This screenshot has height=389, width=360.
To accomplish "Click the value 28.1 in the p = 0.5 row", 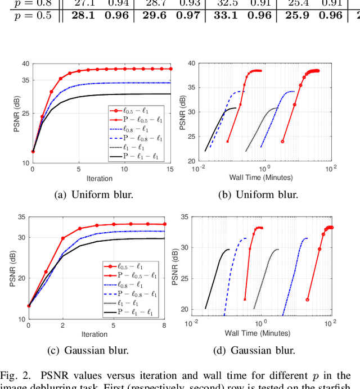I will [x=83, y=15].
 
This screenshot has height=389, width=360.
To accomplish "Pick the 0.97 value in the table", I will [x=188, y=15].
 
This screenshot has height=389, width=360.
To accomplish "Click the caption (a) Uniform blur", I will [x=94, y=195].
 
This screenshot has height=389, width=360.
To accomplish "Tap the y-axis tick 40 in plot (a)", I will [x=25, y=64].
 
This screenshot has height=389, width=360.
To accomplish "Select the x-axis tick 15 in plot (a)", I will [x=170, y=169].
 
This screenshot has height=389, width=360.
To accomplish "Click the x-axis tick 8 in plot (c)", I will [x=164, y=325].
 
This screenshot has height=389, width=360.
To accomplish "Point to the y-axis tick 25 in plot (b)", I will [x=191, y=136].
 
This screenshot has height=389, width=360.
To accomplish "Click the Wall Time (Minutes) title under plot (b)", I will [x=260, y=178].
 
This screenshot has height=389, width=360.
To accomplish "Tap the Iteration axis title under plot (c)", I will [x=94, y=334].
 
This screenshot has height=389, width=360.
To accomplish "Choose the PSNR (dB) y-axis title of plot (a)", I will [x=16, y=114].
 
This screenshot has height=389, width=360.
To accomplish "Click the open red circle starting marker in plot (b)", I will [x=282, y=142].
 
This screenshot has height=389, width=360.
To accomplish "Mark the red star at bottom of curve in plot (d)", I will [x=245, y=300].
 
